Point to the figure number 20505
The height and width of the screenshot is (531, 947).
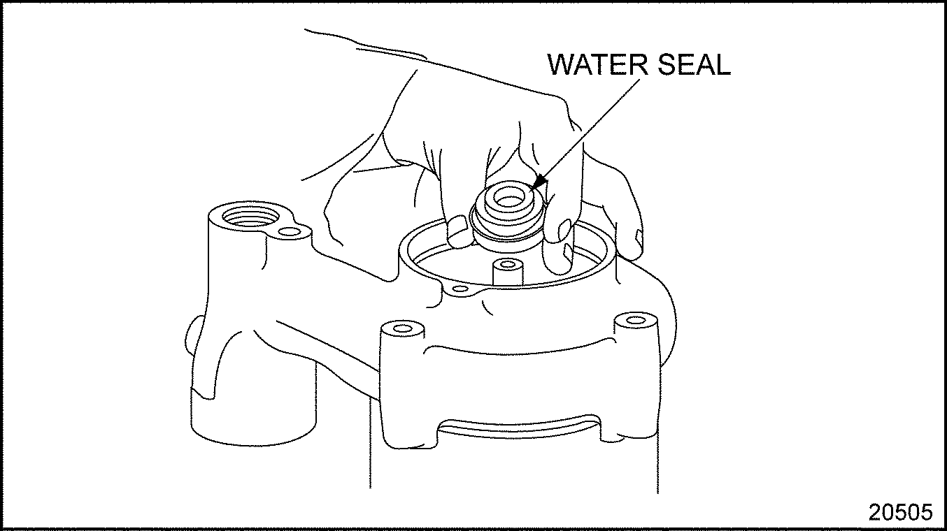(901, 512)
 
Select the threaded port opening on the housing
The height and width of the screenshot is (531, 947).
(250, 217)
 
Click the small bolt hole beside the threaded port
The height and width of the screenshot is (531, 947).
(290, 231)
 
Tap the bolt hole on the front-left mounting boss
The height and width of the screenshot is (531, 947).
(402, 328)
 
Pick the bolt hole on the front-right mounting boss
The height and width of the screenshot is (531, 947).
(635, 320)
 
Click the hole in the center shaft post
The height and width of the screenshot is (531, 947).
(507, 265)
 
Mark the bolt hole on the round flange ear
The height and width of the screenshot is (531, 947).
(460, 289)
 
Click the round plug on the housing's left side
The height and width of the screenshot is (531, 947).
(190, 338)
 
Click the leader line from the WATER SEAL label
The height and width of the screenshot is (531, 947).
(590, 130)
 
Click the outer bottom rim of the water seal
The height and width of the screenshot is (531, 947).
(507, 237)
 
